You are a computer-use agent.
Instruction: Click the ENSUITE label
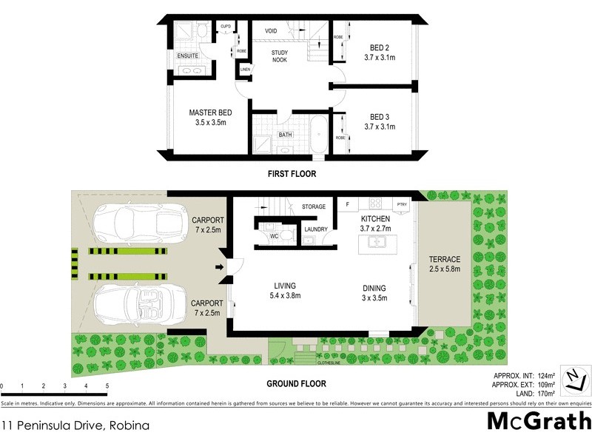(x=187, y=55)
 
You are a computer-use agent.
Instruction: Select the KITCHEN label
(x=376, y=220)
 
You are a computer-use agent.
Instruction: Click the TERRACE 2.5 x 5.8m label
(x=444, y=264)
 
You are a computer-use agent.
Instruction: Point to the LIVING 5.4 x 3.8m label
(x=284, y=291)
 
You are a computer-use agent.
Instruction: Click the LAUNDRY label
(x=316, y=229)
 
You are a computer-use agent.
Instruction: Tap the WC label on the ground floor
(x=273, y=237)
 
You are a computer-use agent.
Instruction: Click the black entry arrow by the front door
(x=219, y=267)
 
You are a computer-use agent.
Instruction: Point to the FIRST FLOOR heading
(x=292, y=175)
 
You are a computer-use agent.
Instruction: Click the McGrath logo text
(x=538, y=422)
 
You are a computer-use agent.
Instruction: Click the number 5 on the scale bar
(x=107, y=386)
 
